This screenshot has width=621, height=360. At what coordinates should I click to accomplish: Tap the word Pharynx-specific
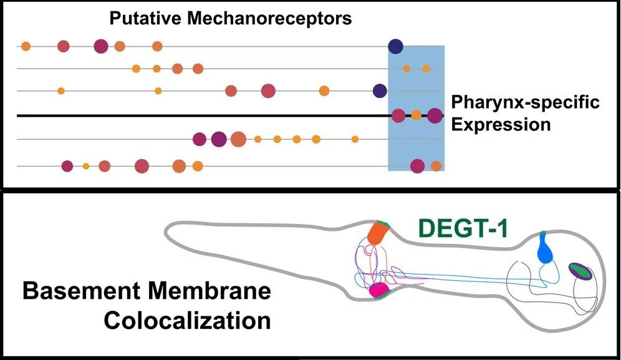(x=525, y=102)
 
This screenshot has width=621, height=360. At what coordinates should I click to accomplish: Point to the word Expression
(x=501, y=124)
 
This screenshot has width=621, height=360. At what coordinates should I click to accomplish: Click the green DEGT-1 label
(x=463, y=228)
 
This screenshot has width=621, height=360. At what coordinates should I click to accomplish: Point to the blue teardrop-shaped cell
(x=545, y=252)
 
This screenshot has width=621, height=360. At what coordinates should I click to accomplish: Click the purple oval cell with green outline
(x=579, y=271)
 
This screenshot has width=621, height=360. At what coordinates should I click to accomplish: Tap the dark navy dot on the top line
(x=395, y=46)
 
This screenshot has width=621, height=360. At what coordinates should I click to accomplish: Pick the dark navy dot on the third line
(x=380, y=91)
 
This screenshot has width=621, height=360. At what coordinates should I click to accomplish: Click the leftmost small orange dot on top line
(x=26, y=46)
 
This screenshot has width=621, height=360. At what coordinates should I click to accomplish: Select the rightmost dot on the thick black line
(x=435, y=115)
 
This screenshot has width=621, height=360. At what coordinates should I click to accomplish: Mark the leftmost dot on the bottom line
(x=67, y=166)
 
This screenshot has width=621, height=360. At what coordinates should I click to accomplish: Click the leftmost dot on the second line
(x=136, y=69)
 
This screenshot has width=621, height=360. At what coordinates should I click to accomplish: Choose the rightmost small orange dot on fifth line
(x=355, y=139)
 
